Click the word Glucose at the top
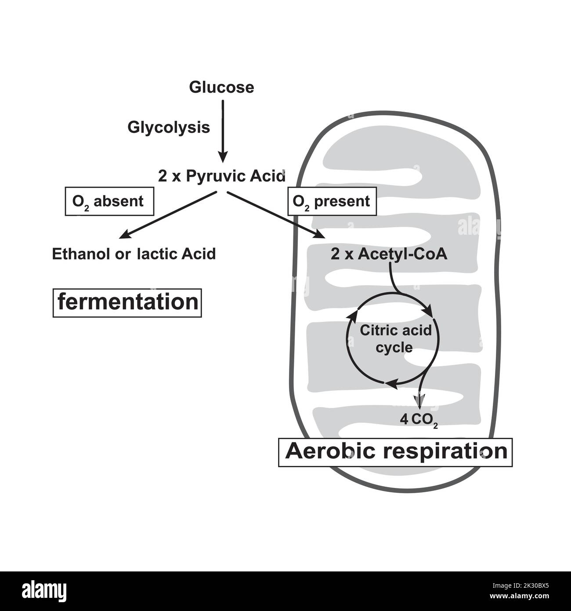coord(221,87)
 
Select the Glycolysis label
coord(169,127)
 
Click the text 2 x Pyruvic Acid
coord(222,176)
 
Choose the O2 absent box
coord(109,202)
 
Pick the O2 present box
coord(332,202)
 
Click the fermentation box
coord(127,303)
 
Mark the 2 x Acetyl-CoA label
coord(389,254)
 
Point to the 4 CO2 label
coord(419,419)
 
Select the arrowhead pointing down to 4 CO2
coord(419,400)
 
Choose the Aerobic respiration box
coord(395,452)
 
